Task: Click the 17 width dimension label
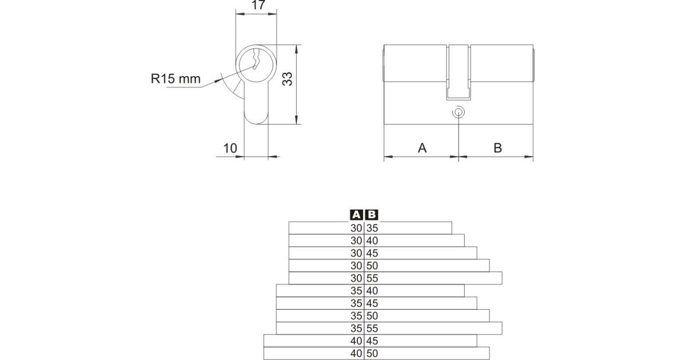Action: (x=258, y=5)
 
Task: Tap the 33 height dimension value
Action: (x=287, y=79)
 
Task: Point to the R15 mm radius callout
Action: (x=176, y=79)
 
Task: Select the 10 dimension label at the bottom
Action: (x=230, y=149)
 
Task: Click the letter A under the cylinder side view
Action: (x=422, y=148)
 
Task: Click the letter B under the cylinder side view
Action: (x=498, y=148)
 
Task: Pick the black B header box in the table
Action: (x=372, y=215)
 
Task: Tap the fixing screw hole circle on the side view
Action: (x=458, y=113)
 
